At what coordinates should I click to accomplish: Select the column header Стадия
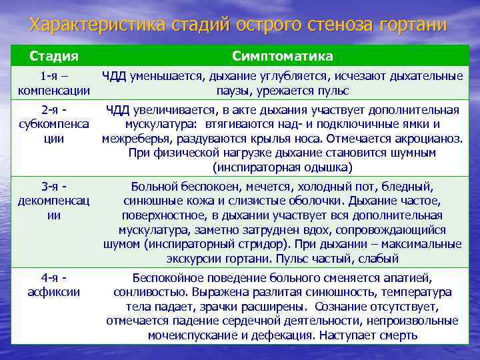coord(53,55)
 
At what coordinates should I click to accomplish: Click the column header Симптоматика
coord(283,55)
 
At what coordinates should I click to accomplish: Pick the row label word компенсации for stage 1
coord(53,90)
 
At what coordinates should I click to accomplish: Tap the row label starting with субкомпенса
coord(53,123)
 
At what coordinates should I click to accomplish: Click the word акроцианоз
coord(431,138)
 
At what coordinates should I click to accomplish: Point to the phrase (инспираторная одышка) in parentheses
coord(283,167)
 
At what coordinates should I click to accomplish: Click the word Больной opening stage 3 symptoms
coord(153,187)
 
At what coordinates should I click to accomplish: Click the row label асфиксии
coord(53,291)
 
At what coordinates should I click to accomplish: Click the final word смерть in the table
coord(398,335)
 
